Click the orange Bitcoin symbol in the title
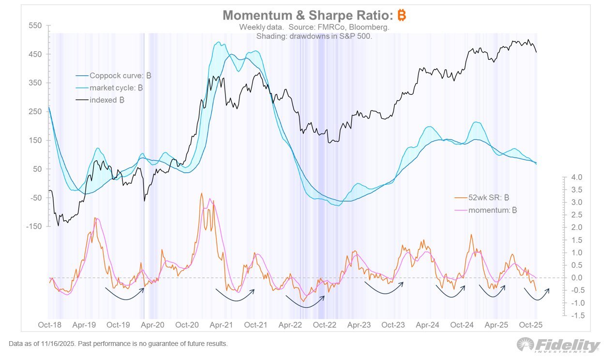coord(402,15)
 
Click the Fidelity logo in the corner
coord(558,345)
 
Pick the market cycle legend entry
coord(116,88)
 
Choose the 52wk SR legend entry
coord(482,197)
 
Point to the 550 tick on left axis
coord(35,26)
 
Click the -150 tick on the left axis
coord(34,226)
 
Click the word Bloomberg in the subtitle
coord(372,27)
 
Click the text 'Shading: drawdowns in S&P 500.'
coord(314,36)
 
